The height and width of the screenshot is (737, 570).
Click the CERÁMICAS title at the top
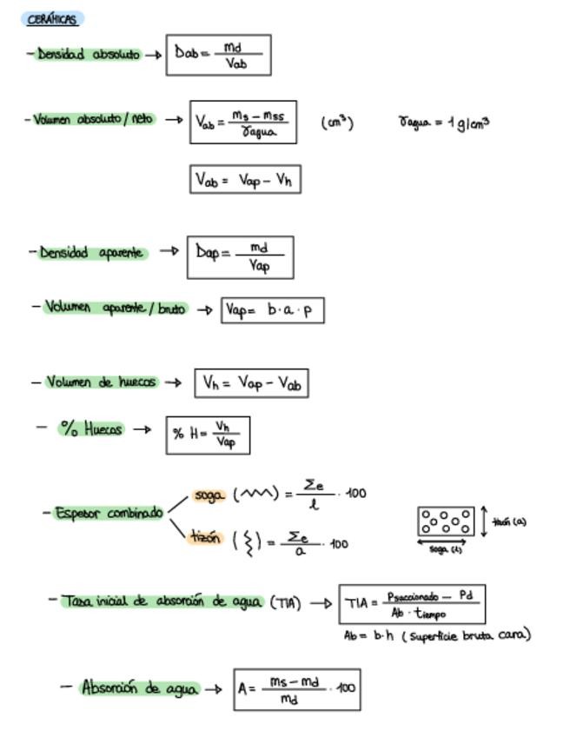(x=52, y=19)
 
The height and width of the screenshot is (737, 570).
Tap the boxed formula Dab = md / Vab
(x=218, y=55)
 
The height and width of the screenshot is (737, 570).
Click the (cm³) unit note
(x=337, y=123)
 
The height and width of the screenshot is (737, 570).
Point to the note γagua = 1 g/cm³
(x=443, y=123)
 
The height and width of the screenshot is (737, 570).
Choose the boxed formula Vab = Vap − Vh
(x=245, y=180)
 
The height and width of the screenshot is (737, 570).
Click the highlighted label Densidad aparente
(x=94, y=253)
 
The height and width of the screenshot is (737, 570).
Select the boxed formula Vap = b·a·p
(x=272, y=310)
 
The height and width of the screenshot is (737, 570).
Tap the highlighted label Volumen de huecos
(x=101, y=382)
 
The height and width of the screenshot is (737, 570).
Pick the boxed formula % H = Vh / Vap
(x=208, y=435)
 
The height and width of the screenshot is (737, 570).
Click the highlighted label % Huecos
(x=91, y=428)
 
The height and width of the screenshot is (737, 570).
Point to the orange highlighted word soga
(x=209, y=495)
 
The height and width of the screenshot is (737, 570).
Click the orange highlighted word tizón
(x=206, y=538)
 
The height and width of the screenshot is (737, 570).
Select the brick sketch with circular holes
(x=446, y=521)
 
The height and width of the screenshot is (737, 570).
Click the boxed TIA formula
(x=411, y=604)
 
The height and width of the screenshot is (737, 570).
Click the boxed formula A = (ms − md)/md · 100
(x=296, y=689)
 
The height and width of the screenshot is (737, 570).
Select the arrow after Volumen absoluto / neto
(x=174, y=120)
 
